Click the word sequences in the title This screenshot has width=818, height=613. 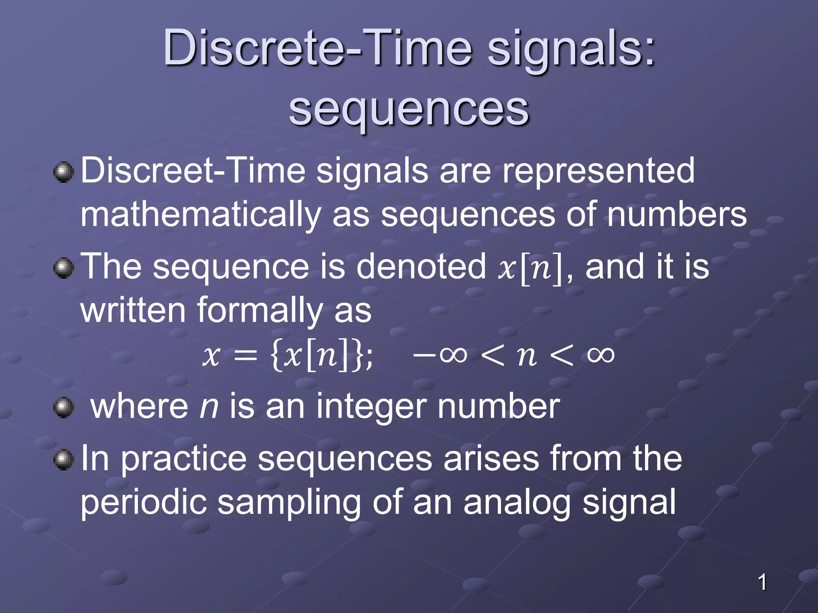(409, 110)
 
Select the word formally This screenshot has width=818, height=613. (260, 310)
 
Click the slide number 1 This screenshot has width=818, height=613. (762, 582)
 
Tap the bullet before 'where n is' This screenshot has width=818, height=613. (64, 407)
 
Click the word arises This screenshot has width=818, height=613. (491, 459)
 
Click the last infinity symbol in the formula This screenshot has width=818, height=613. (600, 354)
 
